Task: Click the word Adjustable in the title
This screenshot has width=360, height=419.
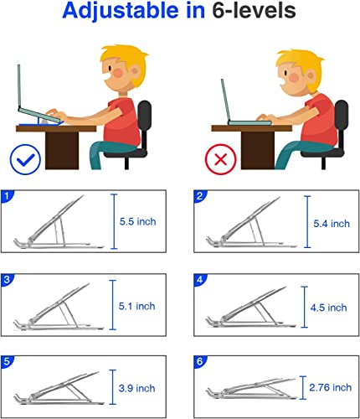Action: click(x=120, y=11)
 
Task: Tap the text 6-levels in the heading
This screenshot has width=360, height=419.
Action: click(x=254, y=10)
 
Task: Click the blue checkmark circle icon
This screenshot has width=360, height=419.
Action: click(x=25, y=159)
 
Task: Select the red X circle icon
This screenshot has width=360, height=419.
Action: click(x=221, y=159)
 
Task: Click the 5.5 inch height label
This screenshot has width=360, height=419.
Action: click(x=137, y=222)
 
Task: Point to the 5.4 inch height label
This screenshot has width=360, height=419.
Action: click(x=332, y=224)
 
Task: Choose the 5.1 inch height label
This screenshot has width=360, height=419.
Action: click(x=136, y=306)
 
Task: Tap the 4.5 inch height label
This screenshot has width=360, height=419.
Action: click(x=328, y=308)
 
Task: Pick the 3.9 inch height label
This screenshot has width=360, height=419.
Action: click(x=136, y=388)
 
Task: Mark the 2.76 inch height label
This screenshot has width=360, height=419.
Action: click(x=330, y=387)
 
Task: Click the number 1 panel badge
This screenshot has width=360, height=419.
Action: click(x=7, y=196)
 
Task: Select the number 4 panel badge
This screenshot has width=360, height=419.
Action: click(x=200, y=280)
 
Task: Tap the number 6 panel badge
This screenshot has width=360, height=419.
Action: click(x=200, y=361)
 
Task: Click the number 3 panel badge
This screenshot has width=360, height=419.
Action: click(x=7, y=280)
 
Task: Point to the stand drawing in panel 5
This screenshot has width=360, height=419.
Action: click(x=57, y=388)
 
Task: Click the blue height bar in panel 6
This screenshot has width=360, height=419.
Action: click(x=303, y=387)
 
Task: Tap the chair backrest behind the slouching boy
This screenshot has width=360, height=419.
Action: click(x=341, y=115)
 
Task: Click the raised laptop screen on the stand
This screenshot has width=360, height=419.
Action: click(x=19, y=86)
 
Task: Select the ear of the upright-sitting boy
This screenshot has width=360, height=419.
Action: click(x=135, y=71)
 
